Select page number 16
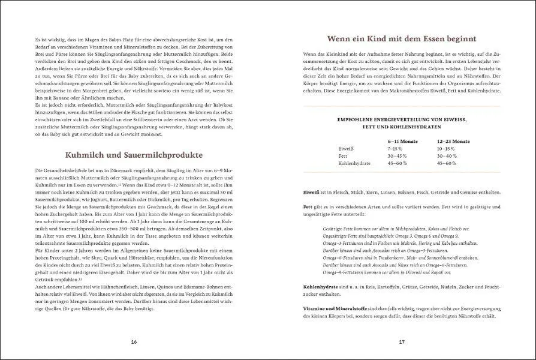click(x=134, y=341)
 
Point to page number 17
click(x=402, y=341)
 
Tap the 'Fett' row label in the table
click(x=343, y=155)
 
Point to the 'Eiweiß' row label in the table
click(x=346, y=148)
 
